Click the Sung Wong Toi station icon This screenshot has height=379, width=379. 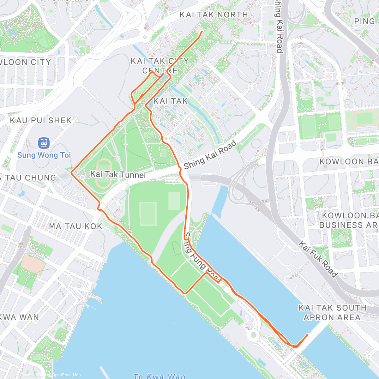pos(44,143)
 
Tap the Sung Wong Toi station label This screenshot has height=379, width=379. pos(44,155)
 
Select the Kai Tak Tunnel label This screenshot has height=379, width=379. pos(118,174)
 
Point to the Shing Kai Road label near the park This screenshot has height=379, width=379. pos(210,155)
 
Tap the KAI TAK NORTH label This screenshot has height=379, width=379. pos(214,15)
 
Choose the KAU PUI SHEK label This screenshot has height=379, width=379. pos(41,120)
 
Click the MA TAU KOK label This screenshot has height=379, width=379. pos(76,226)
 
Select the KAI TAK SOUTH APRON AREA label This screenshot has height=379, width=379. pos(332,312)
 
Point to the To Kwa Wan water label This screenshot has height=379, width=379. pos(159,376)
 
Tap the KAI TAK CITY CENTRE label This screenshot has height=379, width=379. pos(160,65)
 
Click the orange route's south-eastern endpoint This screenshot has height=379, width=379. pos(308,334)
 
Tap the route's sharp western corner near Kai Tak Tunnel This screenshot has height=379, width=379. pos(71,173)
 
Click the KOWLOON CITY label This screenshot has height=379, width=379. pos(25,62)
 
